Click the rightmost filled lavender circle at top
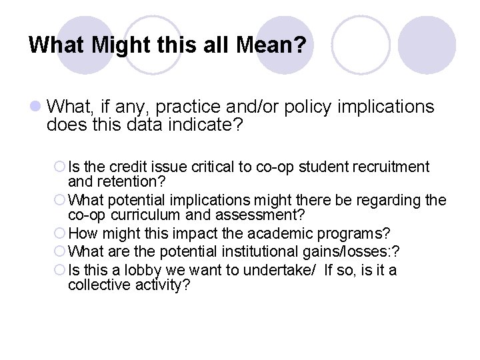pyautogui.click(x=431, y=45)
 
